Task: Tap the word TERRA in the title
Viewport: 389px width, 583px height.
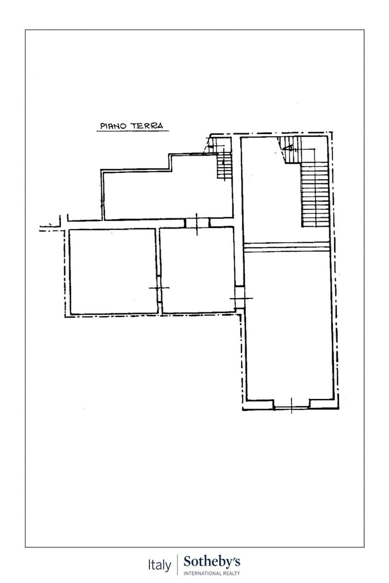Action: (147, 126)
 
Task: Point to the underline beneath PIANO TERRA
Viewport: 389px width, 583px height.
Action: (133, 131)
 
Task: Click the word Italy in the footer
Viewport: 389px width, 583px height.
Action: (159, 565)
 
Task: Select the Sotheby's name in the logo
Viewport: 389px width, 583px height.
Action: (212, 563)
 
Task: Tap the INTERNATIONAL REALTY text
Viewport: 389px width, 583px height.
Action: (212, 573)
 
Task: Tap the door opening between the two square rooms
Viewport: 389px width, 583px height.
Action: (159, 289)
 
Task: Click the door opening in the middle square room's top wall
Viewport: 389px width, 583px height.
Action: (197, 223)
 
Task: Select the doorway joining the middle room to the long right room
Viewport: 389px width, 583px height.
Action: (240, 297)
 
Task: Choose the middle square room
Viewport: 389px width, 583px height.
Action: (197, 271)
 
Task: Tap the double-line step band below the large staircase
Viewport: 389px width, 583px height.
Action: (286, 247)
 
